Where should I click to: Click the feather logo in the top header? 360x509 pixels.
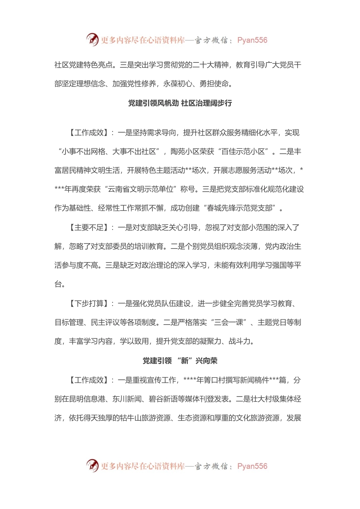pos(92,39)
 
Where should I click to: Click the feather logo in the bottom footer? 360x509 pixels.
pos(92,465)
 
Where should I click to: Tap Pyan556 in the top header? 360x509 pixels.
pos(252,40)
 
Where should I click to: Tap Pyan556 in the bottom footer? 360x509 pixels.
pos(252,466)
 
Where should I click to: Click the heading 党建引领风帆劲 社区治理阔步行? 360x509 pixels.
pos(180,103)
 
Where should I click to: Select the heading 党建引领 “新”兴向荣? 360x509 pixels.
pos(180,361)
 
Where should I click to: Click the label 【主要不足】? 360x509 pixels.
pos(87,227)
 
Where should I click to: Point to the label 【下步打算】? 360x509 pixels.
pos(87,303)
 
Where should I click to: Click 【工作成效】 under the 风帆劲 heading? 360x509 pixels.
pos(87,133)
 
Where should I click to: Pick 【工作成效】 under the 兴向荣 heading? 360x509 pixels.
pos(87,380)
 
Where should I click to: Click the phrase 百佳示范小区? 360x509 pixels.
pos(243,151)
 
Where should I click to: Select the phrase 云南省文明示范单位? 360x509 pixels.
pos(141,189)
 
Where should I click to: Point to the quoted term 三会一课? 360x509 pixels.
pos(229,322)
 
